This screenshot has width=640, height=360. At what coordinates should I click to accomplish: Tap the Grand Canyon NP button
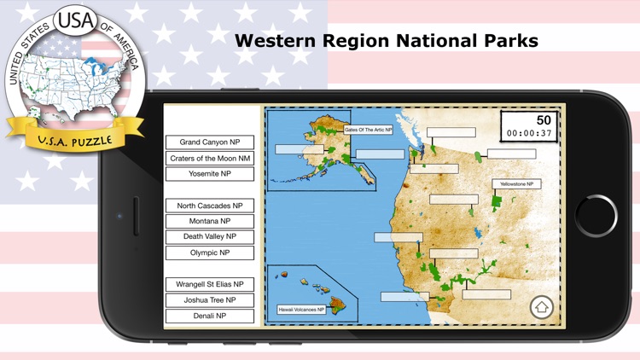[x=210, y=142]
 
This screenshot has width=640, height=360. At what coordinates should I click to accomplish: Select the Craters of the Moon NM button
[x=210, y=158]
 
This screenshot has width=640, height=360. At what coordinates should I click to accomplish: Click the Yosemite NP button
[x=210, y=174]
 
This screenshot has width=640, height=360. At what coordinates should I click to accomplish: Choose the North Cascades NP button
[x=210, y=206]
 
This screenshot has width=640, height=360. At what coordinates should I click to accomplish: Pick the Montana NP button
[x=210, y=221]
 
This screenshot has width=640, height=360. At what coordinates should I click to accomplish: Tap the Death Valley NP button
[x=210, y=236]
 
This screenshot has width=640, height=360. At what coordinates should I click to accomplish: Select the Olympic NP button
[x=210, y=253]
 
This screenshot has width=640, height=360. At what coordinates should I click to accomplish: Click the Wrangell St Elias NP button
[x=210, y=284]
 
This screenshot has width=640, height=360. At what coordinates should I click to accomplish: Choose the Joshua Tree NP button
[x=210, y=300]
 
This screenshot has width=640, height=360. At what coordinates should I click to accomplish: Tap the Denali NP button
[x=210, y=316]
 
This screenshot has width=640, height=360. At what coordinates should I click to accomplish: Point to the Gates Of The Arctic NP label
[x=368, y=131]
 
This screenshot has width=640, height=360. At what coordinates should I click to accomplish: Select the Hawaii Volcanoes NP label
[x=302, y=310]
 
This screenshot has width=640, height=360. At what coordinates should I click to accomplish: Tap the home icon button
[x=541, y=307]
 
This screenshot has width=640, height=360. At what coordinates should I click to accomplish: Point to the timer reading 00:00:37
[x=529, y=133]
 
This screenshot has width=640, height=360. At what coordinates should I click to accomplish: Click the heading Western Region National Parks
[x=386, y=40]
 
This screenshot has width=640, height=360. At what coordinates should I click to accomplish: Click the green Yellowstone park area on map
[x=497, y=201]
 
